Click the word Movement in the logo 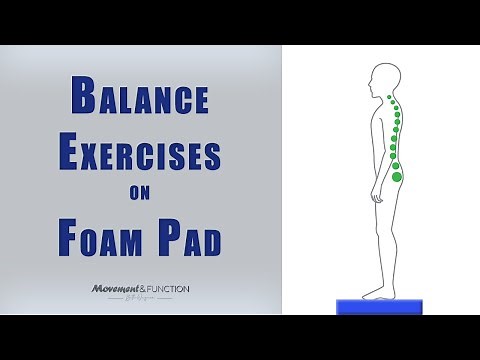pyautogui.click(x=113, y=290)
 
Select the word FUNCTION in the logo pyautogui.click(x=167, y=290)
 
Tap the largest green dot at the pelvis pyautogui.click(x=398, y=177)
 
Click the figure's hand pyautogui.click(x=377, y=197)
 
